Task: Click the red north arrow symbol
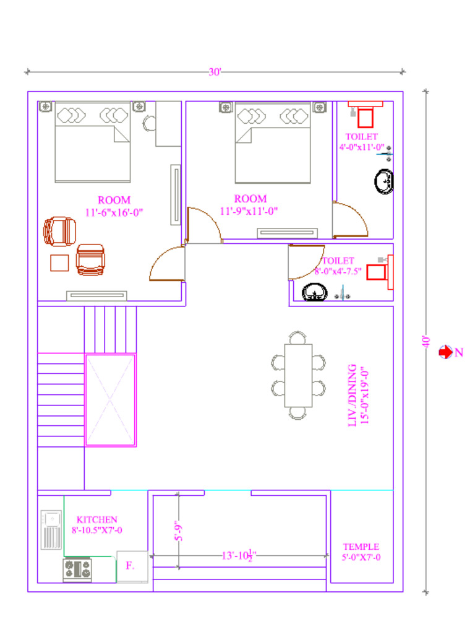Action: coord(445,352)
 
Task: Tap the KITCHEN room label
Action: coord(97,519)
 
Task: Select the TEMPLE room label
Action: coord(361,547)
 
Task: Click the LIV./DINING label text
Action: coord(352,394)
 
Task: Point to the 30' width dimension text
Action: coord(215,72)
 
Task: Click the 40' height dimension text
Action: coord(426,341)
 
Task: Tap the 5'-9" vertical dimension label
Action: coord(178,531)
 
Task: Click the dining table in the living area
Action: coord(298,375)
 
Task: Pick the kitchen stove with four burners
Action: coord(77,570)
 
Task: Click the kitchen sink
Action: coord(51,529)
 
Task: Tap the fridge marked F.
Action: coord(132,566)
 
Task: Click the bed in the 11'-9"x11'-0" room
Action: coord(272,144)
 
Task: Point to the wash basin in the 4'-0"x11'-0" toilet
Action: coord(383,181)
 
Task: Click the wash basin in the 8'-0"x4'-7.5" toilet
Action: coord(314,292)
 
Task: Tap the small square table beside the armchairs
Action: coord(60,263)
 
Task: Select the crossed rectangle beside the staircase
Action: coord(110,399)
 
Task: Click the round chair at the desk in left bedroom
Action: coord(149,123)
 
